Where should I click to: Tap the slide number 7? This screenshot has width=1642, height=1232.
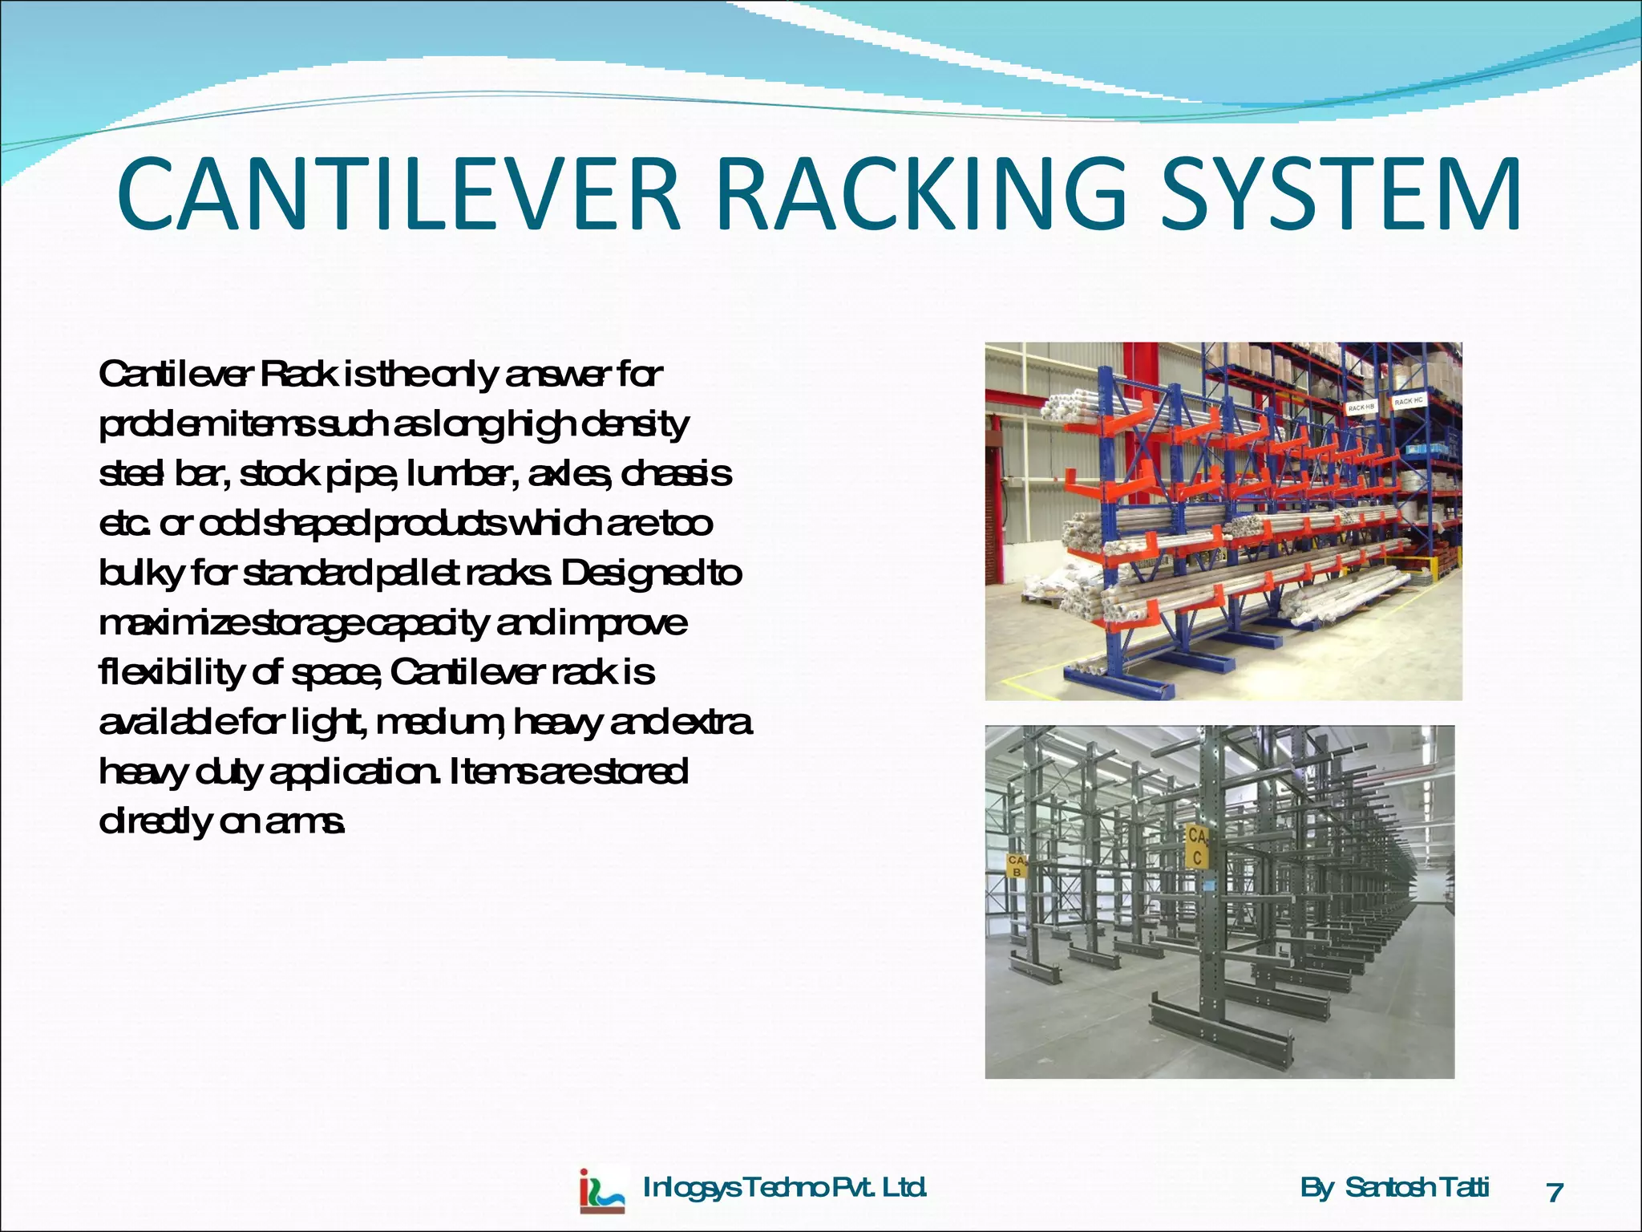1555,1193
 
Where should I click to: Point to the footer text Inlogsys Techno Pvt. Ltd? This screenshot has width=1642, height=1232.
785,1187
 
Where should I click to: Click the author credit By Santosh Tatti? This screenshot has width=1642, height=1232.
1394,1187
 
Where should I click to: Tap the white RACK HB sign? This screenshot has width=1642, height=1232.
1361,408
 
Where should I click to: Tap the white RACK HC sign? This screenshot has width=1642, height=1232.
1408,400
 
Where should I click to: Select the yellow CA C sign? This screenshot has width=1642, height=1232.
1197,847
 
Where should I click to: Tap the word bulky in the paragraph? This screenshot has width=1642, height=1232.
141,573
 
